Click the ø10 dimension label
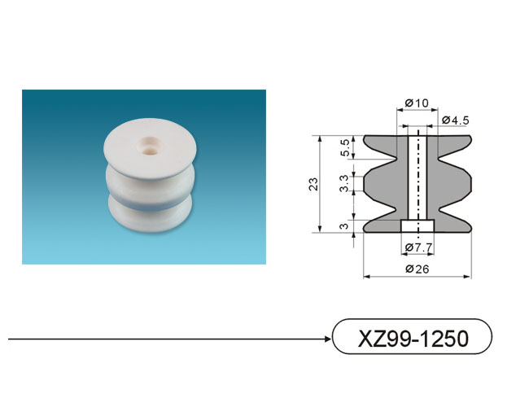tap(417, 103)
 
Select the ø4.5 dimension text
tap(456, 120)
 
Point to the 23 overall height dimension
tap(314, 184)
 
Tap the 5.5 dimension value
tap(345, 148)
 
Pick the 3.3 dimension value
tap(344, 183)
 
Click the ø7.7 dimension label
tap(418, 247)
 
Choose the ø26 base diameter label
tap(418, 269)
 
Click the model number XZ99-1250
tap(413, 338)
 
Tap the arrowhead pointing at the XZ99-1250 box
tap(327, 339)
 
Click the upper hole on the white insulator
tap(148, 140)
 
